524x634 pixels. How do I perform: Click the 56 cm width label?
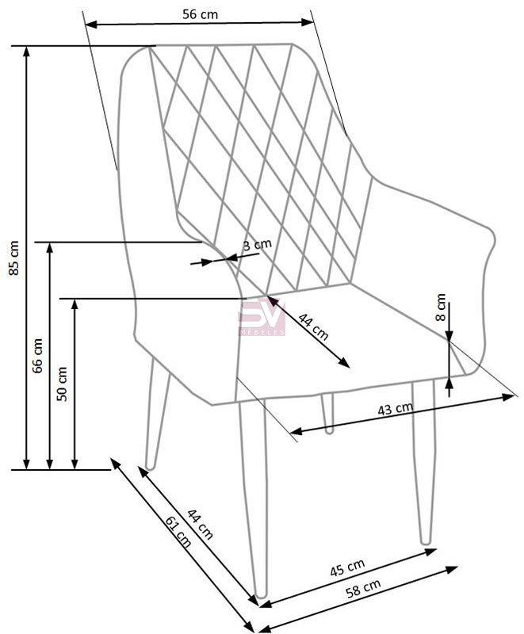pos(200,14)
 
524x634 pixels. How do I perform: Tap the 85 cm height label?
pos(13,258)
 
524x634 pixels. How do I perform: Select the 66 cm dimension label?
pos(37,355)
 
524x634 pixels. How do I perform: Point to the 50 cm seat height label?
pos(62,384)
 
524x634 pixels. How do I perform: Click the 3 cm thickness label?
pos(257,245)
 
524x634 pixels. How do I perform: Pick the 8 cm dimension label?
pos(440,307)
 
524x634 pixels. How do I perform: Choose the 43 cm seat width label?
pos(396,409)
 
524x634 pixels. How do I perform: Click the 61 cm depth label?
pos(178,531)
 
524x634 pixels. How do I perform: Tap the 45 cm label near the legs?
pos(347,567)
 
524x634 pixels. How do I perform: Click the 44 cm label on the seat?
pos(313,327)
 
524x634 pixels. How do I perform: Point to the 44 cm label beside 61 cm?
pos(200,525)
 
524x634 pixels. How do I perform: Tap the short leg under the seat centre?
pos(327,413)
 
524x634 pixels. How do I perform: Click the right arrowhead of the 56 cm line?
pos(308,22)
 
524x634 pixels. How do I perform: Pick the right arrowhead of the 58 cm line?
pos(453,569)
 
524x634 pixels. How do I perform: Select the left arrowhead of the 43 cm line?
pos(296,431)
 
